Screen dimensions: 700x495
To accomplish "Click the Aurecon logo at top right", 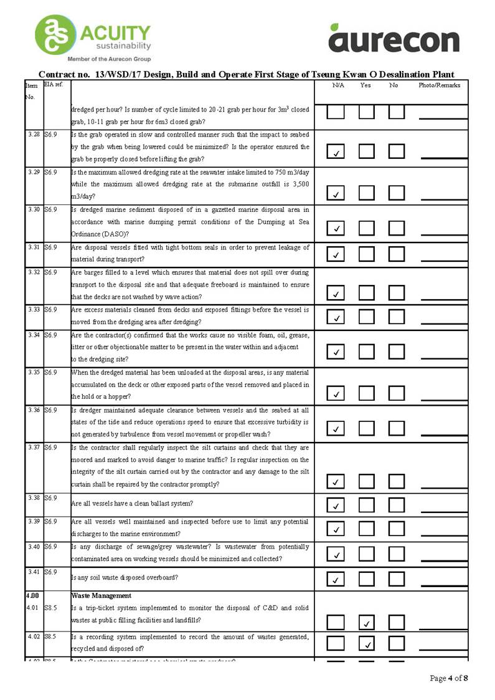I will tap(394, 38).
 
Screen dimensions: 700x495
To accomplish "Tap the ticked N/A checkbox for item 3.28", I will tap(336, 151).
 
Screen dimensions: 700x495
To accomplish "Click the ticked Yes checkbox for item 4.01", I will tap(367, 622).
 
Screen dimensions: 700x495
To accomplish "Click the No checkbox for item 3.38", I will tap(397, 504).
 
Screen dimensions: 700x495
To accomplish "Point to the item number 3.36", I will tap(34, 410).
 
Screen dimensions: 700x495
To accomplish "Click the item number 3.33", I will tap(34, 310).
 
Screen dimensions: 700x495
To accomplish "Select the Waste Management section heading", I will tap(101, 596).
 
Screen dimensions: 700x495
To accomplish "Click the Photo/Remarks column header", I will tap(439, 85).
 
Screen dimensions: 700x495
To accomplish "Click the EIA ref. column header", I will tap(54, 84).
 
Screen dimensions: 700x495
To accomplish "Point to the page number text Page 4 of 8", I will tap(449, 678).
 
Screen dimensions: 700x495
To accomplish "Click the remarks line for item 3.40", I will tap(443, 559).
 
